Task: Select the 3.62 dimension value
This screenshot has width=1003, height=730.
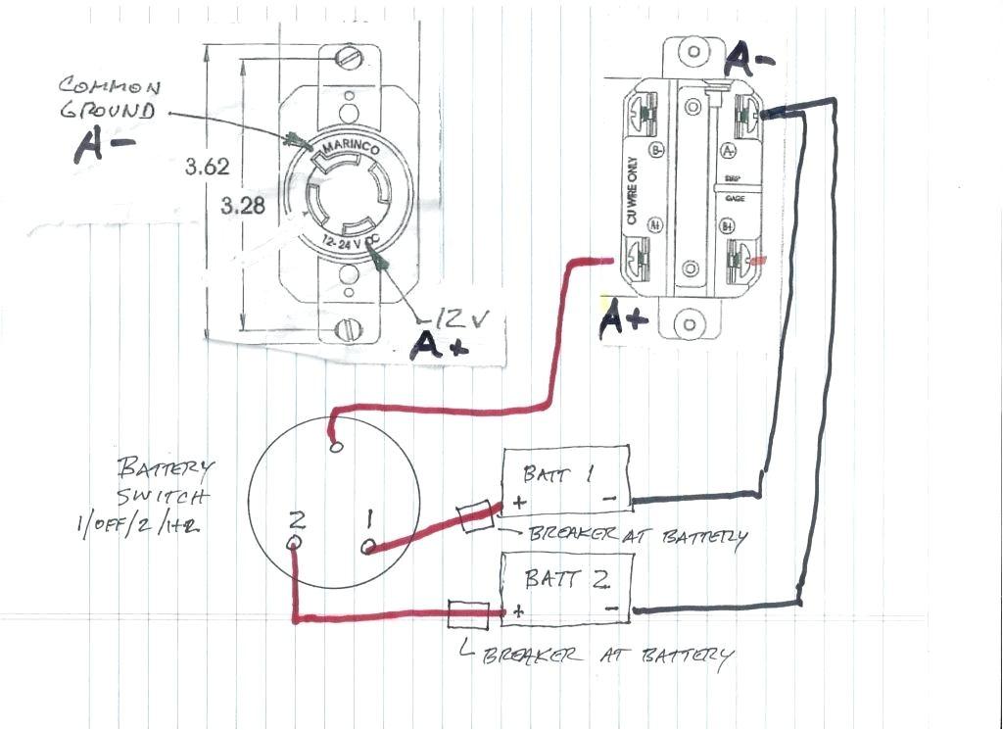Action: point(207,167)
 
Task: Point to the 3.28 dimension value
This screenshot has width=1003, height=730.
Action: point(242,207)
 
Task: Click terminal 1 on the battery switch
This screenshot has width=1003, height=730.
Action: point(369,545)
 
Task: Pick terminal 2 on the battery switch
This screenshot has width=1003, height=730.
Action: point(293,543)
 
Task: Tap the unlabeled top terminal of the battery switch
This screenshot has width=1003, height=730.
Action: point(337,447)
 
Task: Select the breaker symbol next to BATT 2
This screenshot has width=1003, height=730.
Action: point(467,614)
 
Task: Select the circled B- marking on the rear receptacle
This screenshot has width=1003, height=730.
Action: point(656,150)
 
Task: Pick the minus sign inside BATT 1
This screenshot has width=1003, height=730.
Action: point(609,500)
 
